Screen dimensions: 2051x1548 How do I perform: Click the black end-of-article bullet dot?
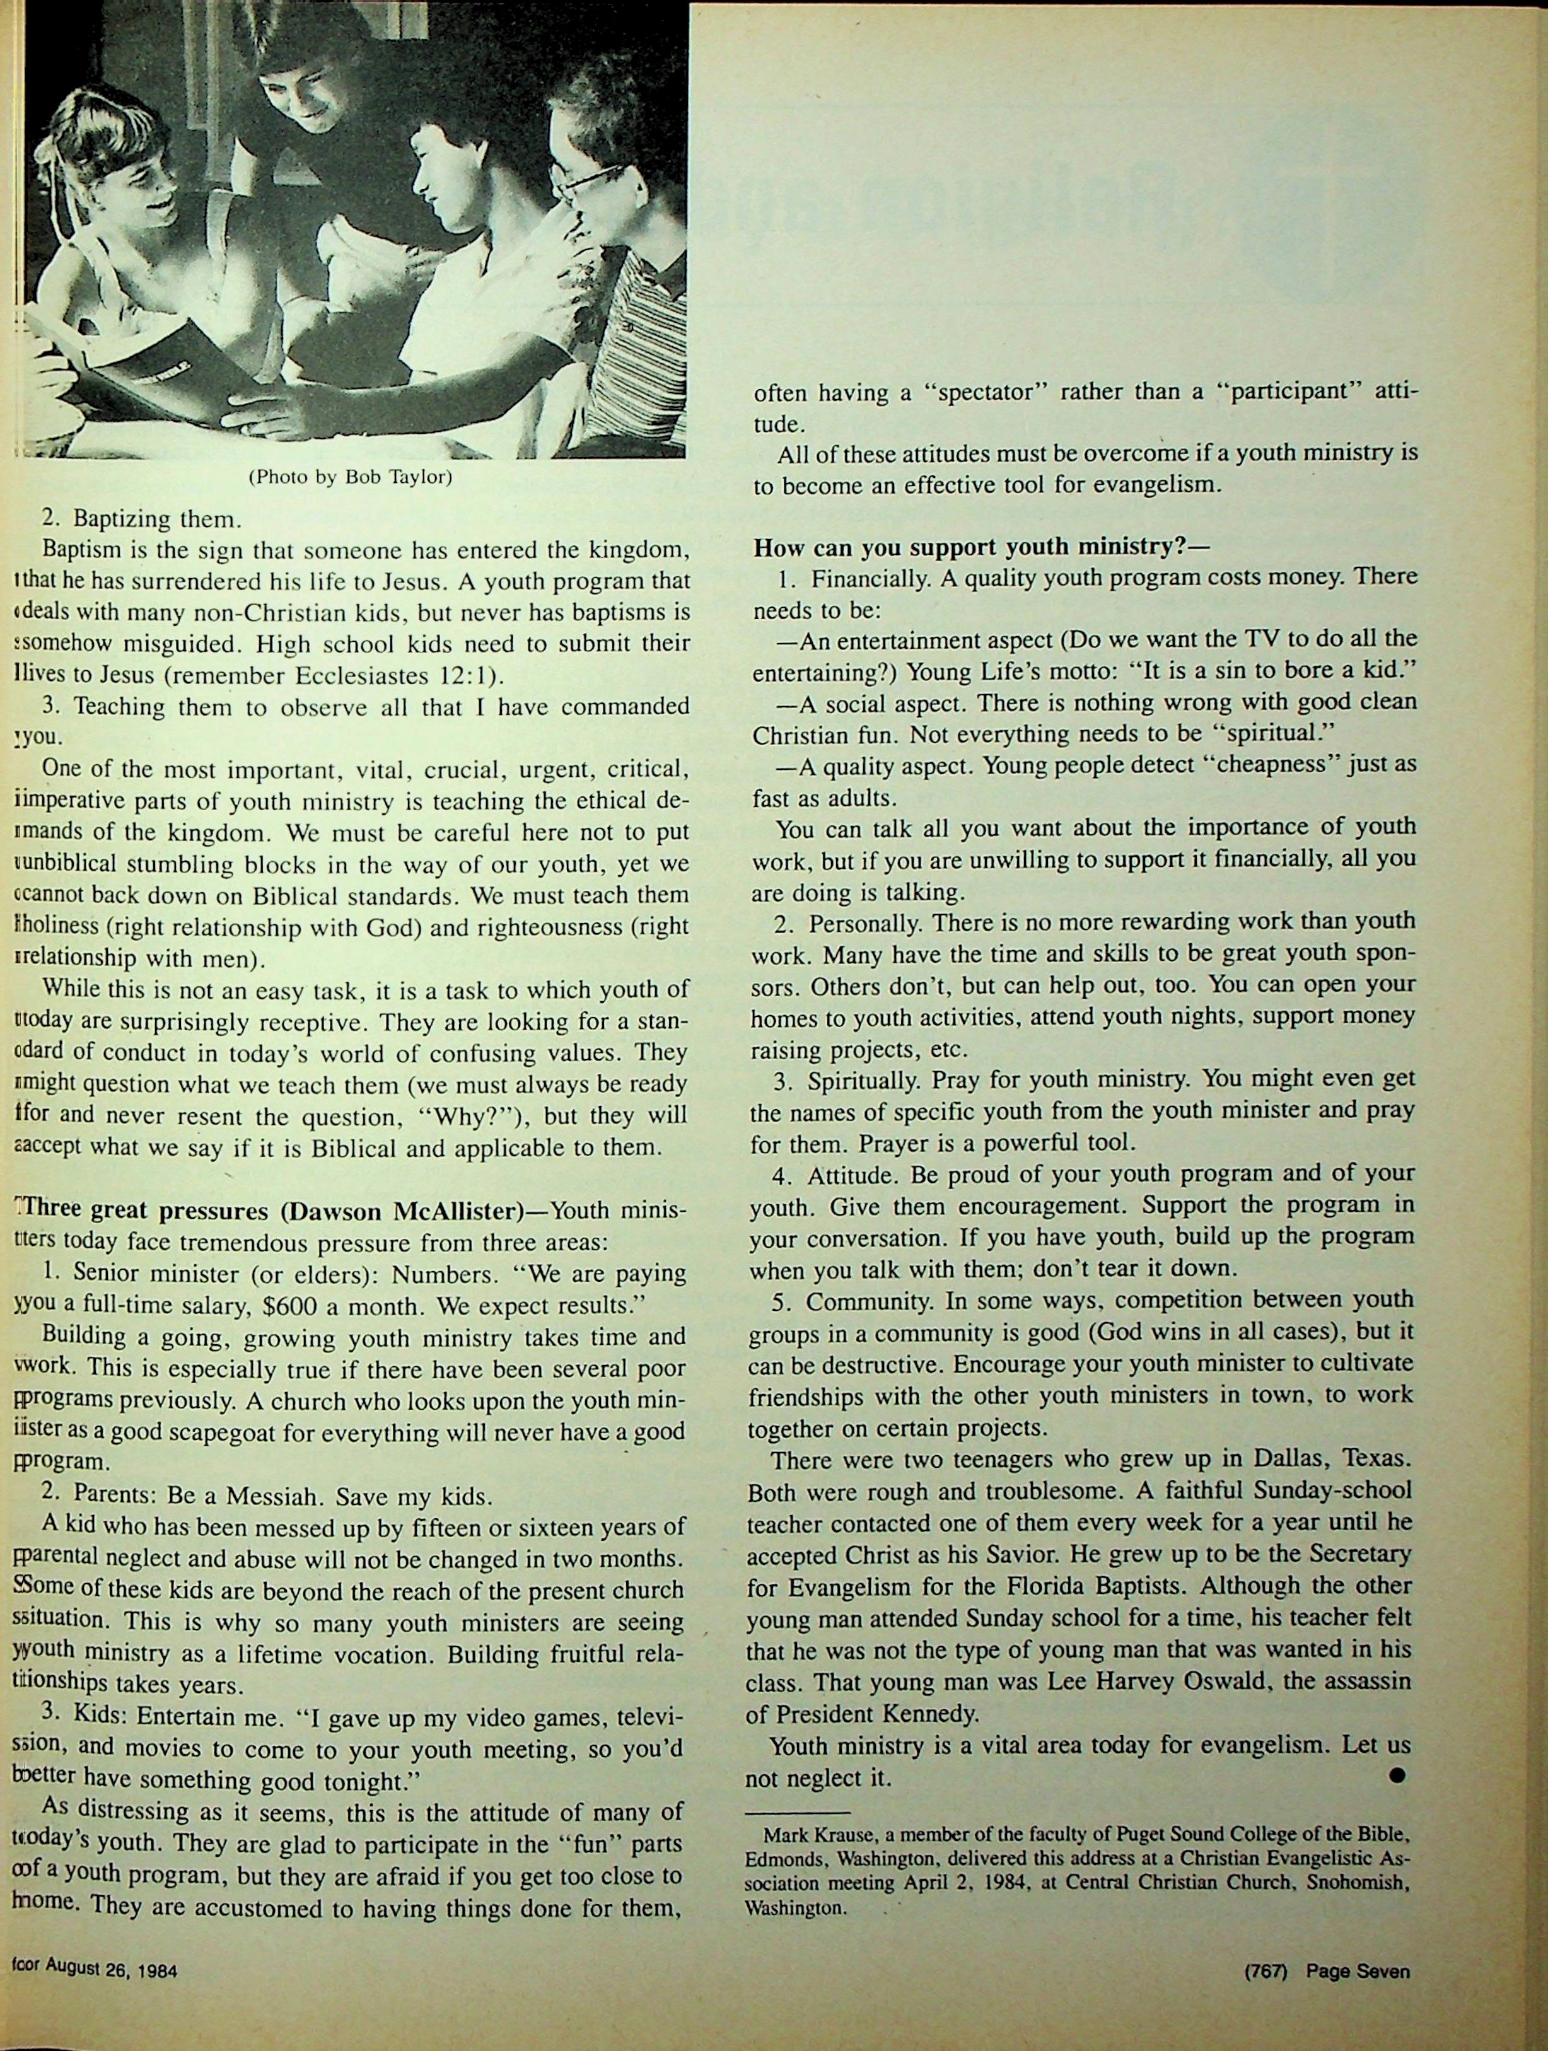pos(1397,1775)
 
